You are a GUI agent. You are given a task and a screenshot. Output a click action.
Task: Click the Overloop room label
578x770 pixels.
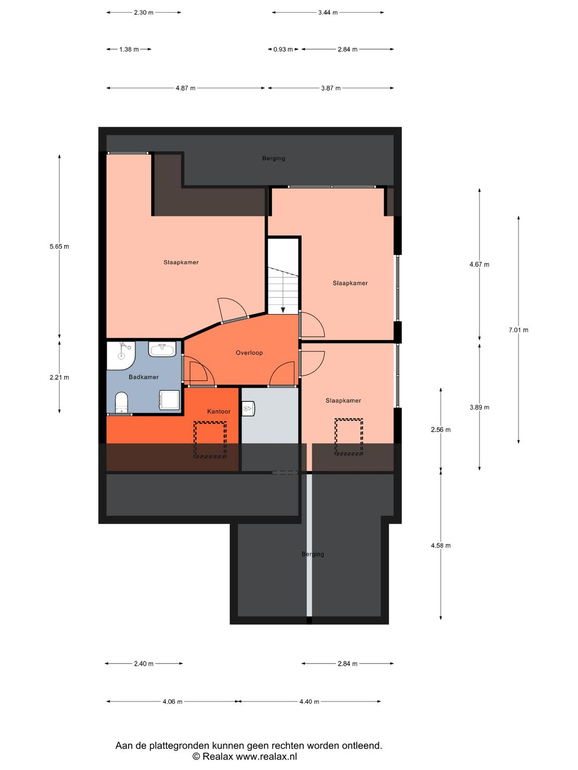(x=249, y=353)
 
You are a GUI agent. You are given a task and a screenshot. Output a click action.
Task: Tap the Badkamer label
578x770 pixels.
(x=143, y=377)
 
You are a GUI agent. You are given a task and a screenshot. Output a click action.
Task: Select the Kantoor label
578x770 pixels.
(x=218, y=411)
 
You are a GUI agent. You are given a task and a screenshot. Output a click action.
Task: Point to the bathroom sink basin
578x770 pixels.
(x=162, y=350)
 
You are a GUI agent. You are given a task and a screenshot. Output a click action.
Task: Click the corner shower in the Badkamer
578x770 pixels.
(x=120, y=355)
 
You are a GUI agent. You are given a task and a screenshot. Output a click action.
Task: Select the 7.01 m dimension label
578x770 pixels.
(x=518, y=330)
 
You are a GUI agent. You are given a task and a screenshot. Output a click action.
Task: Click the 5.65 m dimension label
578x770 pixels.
(x=59, y=247)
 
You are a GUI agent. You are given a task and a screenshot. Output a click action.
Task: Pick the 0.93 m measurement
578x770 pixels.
(x=283, y=49)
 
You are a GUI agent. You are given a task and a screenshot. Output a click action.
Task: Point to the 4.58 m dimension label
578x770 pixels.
(x=440, y=545)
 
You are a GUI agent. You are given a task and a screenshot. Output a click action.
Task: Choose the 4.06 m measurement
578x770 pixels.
(x=172, y=702)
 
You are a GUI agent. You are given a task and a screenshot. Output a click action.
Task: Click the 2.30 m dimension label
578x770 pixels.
(x=143, y=12)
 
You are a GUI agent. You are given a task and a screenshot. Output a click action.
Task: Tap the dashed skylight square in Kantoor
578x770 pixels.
(x=210, y=440)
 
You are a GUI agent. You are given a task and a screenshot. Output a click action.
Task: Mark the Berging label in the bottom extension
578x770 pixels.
(x=313, y=554)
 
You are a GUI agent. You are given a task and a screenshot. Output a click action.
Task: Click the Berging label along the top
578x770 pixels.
(x=273, y=158)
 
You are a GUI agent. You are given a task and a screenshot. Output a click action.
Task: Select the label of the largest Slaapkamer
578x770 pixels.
(x=181, y=262)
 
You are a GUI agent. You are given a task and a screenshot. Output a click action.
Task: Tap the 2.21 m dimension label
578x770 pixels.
(x=59, y=377)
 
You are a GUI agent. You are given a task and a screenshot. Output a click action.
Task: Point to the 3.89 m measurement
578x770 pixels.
(x=479, y=407)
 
